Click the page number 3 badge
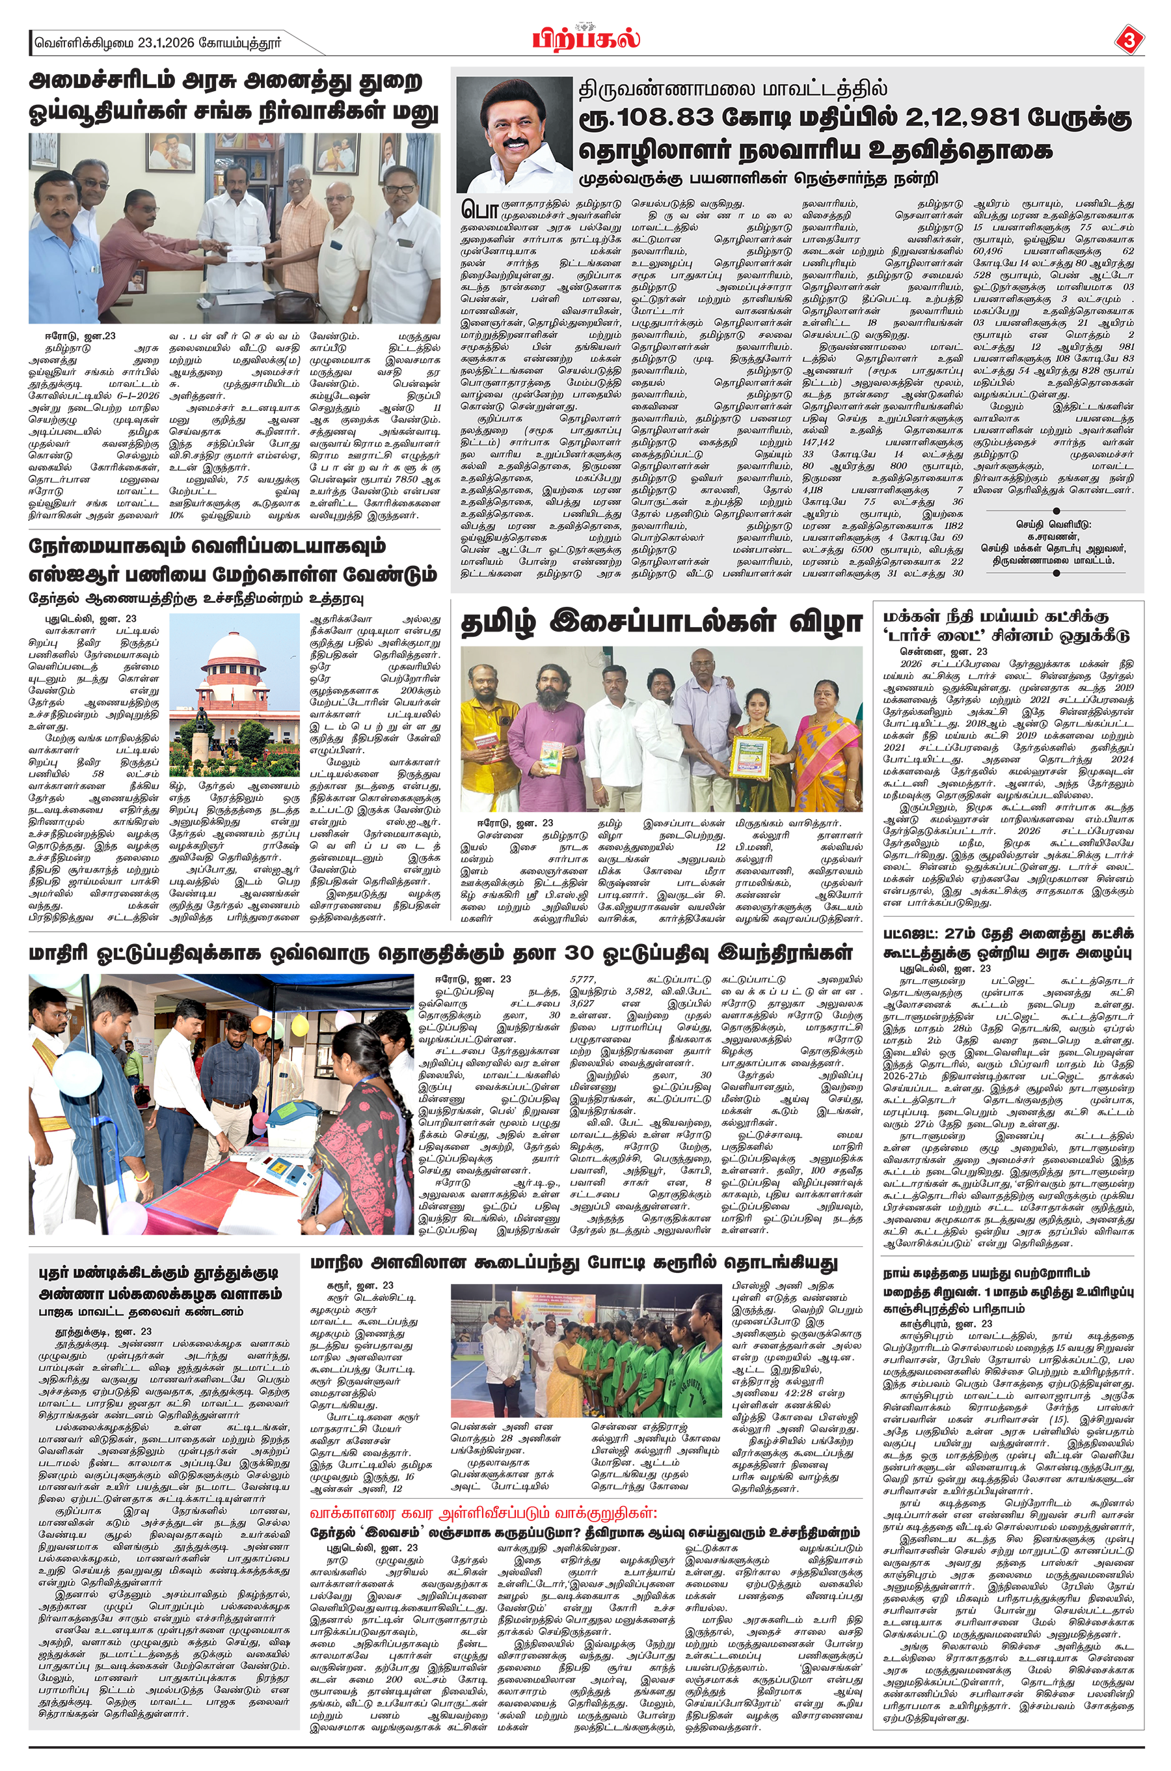click(x=1127, y=40)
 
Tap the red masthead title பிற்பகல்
click(x=586, y=37)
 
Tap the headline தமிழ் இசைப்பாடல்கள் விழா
click(x=661, y=621)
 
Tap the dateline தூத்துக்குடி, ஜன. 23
click(x=105, y=1331)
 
